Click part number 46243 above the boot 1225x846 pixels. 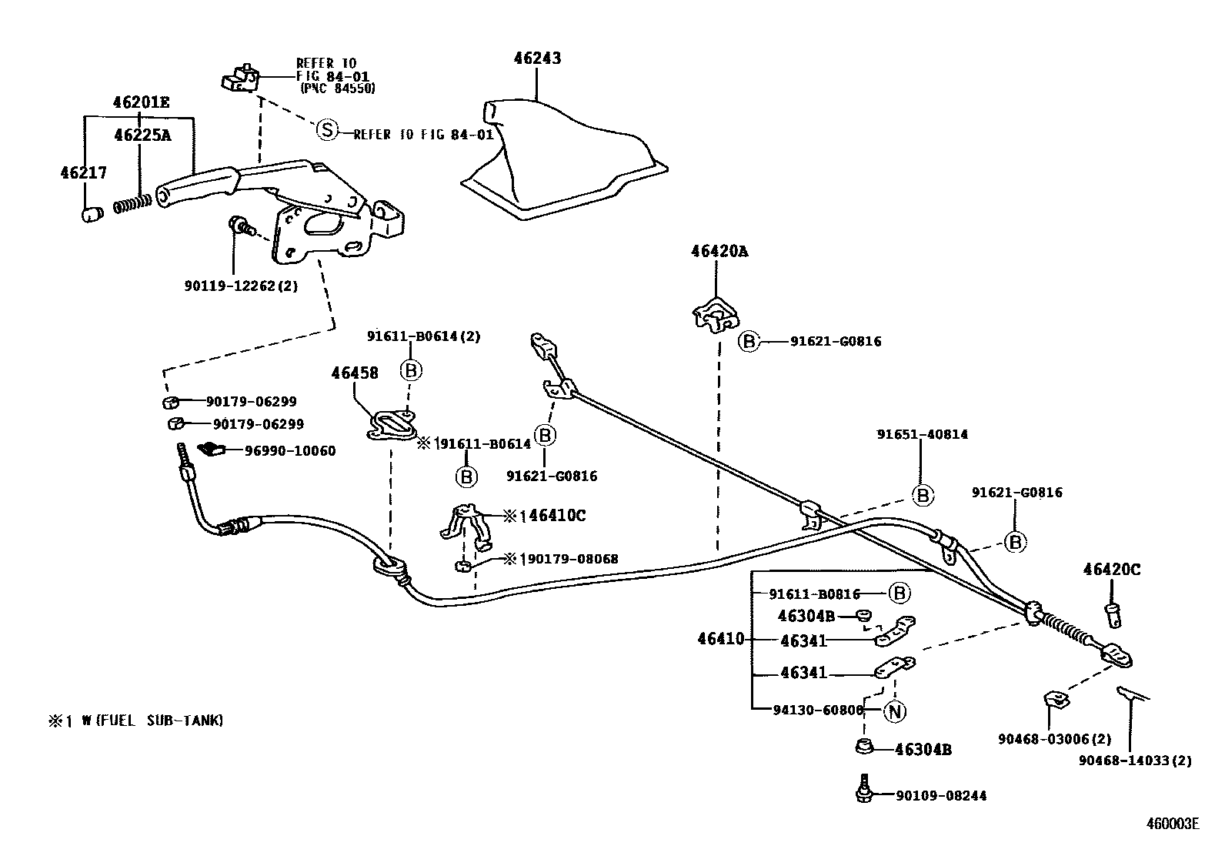pos(537,59)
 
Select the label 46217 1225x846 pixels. pos(83,174)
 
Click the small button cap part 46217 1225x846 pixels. pos(92,213)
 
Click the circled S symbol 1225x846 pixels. pos(328,130)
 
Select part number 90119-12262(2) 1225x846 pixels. pos(241,286)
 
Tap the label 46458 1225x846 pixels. pos(355,373)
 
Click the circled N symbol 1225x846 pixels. pos(894,711)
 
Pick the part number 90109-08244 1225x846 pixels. pos(940,796)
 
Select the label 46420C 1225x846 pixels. pos(1111,570)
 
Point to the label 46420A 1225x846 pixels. pos(719,251)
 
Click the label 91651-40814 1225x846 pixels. pos(922,434)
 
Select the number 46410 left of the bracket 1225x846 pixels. pos(720,638)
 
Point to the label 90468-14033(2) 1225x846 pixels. pos(1134,761)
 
